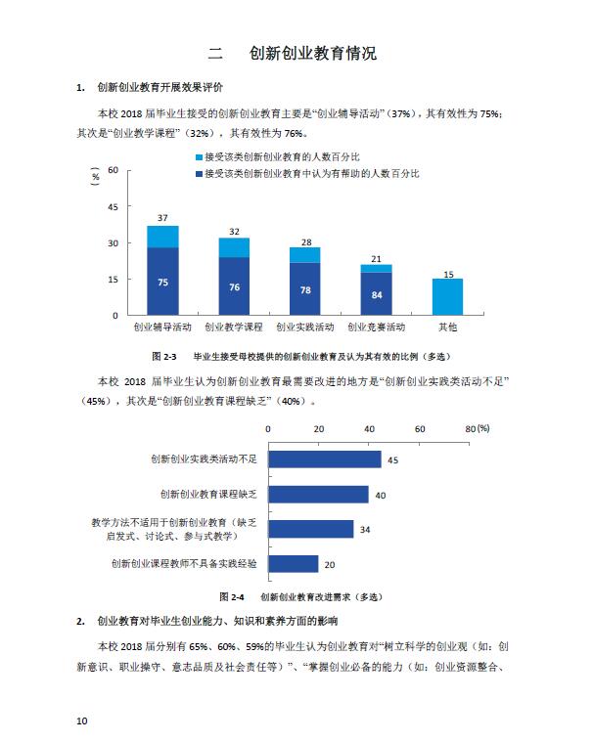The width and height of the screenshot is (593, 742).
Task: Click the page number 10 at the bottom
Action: pos(81,720)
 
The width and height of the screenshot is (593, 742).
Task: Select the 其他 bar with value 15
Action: pos(447,296)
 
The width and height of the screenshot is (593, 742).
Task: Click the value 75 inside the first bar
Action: pos(162,282)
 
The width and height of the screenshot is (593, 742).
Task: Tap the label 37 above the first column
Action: pos(162,217)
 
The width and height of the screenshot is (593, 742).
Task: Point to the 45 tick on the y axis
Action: pos(113,206)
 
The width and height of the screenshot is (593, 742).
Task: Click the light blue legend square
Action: pos(200,156)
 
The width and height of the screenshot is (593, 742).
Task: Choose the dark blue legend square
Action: pos(200,173)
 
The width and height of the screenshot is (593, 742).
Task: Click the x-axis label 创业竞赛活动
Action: pos(376,326)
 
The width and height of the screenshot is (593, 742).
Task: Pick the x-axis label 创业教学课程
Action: pos(234,326)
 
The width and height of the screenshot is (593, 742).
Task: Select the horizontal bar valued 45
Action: pos(324,459)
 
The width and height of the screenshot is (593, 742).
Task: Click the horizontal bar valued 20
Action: pos(293,563)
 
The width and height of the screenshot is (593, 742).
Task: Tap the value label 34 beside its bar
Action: pos(365,530)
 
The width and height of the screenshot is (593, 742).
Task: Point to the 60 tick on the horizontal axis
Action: pos(420,428)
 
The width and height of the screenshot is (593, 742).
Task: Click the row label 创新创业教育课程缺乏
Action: pos(210,494)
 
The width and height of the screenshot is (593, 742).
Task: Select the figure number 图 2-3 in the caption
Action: pos(163,356)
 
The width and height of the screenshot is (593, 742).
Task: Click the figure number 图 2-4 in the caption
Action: pos(232,595)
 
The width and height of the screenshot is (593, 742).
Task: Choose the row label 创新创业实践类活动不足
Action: pos(205,458)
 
